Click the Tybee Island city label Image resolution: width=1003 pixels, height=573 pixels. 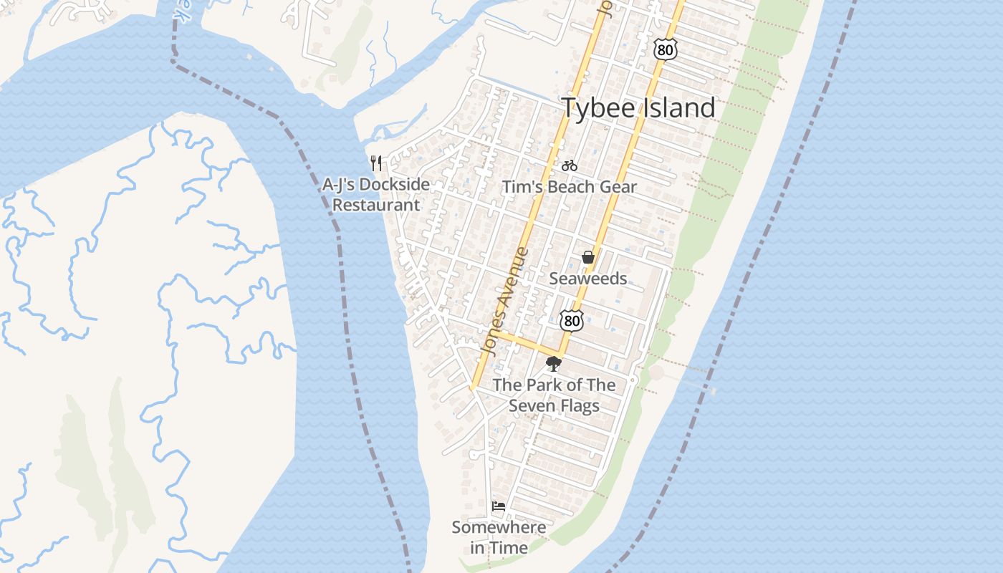click(638, 108)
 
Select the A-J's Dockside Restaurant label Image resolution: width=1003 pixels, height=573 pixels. click(376, 194)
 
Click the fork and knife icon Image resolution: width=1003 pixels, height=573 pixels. click(376, 163)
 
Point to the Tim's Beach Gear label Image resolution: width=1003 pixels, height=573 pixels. click(569, 187)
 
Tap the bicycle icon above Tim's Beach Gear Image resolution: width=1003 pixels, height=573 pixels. click(570, 165)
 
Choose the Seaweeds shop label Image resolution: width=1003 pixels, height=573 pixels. click(588, 279)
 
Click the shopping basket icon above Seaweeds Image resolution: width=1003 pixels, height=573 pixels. click(588, 257)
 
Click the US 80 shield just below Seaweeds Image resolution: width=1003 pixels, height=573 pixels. click(572, 320)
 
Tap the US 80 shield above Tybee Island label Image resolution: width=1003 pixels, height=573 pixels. click(666, 49)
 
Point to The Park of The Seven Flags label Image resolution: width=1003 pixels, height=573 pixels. click(554, 395)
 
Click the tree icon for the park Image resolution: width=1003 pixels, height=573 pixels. click(553, 365)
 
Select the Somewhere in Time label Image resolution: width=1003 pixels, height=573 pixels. click(499, 537)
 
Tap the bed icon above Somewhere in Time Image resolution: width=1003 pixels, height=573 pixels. click(499, 506)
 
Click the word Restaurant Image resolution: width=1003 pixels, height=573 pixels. click(376, 205)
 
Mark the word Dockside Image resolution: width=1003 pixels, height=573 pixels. click(395, 185)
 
